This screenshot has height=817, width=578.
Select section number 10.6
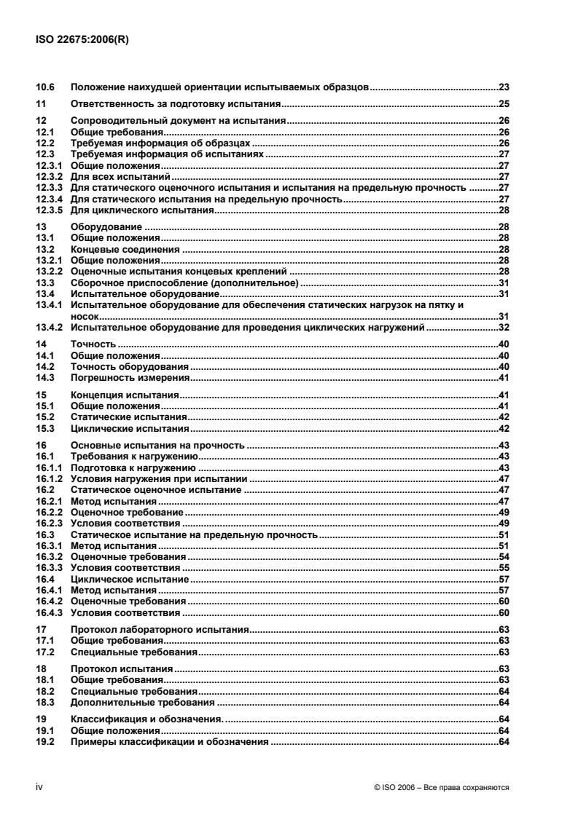(x=44, y=88)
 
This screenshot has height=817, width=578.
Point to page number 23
(x=503, y=88)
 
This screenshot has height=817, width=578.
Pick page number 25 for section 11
(x=503, y=105)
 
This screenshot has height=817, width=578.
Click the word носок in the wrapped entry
(x=84, y=317)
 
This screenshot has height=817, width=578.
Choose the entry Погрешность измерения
(x=130, y=379)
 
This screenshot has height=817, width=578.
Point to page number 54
(x=503, y=557)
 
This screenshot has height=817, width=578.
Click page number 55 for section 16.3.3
(x=503, y=567)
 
